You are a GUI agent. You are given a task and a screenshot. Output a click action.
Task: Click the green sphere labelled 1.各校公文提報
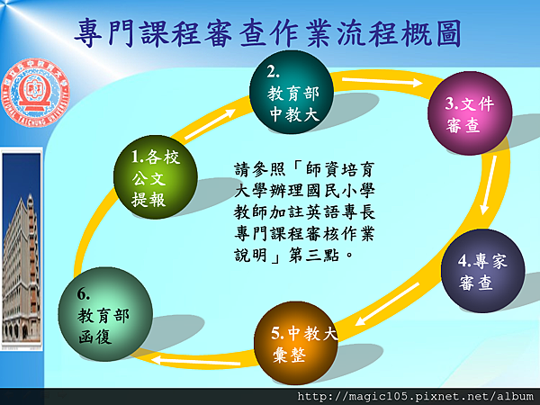pyautogui.click(x=156, y=177)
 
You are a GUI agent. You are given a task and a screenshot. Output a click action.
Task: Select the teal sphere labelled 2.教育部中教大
pyautogui.click(x=292, y=92)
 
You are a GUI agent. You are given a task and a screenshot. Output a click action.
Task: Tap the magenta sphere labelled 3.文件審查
pyautogui.click(x=470, y=113)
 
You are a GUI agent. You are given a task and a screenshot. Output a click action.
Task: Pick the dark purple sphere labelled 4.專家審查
pyautogui.click(x=482, y=271)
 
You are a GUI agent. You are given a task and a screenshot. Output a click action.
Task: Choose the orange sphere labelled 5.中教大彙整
pyautogui.click(x=296, y=343)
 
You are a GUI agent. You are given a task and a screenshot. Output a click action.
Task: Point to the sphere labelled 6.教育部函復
pyautogui.click(x=105, y=314)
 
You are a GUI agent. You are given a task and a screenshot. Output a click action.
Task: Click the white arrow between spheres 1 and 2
pyautogui.click(x=210, y=125)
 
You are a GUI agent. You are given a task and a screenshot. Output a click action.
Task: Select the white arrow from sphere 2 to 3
pyautogui.click(x=382, y=82)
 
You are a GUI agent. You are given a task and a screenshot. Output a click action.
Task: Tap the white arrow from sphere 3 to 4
pyautogui.click(x=489, y=185)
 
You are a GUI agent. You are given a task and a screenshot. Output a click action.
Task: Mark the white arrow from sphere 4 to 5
pyautogui.click(x=387, y=304)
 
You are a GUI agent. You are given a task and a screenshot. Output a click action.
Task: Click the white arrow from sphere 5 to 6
pyautogui.click(x=195, y=361)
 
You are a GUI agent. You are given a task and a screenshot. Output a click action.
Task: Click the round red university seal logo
pyautogui.click(x=35, y=93)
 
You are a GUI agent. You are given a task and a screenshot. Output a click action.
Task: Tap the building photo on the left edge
pyautogui.click(x=22, y=249)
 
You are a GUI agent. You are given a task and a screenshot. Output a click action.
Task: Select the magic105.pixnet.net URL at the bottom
pyautogui.click(x=415, y=396)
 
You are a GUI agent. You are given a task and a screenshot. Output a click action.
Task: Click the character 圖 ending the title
pyautogui.click(x=449, y=33)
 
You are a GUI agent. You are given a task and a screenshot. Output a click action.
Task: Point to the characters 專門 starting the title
pyautogui.click(x=104, y=33)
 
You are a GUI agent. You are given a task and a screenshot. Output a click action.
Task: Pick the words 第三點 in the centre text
pyautogui.click(x=314, y=256)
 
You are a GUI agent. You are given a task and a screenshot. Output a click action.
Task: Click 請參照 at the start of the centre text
pyautogui.click(x=260, y=169)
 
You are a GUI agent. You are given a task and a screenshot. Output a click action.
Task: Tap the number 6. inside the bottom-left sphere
pyautogui.click(x=84, y=294)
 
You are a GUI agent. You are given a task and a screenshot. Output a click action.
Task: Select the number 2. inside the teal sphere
pyautogui.click(x=273, y=72)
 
